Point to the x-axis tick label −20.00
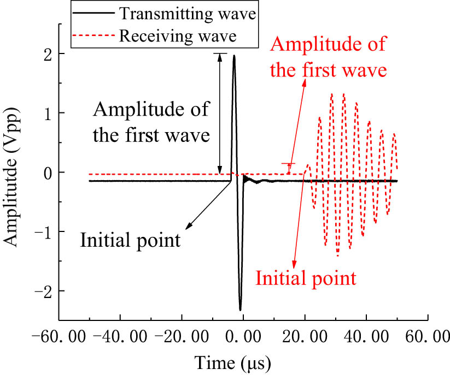[182, 336]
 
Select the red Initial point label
[306, 278]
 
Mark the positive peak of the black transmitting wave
[234, 56]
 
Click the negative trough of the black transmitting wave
[240, 309]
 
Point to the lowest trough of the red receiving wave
[337, 255]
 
